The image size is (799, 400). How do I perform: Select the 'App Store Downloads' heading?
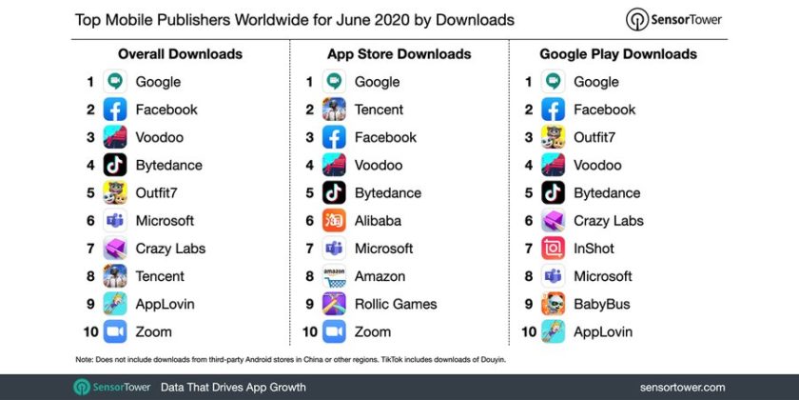pyautogui.click(x=399, y=54)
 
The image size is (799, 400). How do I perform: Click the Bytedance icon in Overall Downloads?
pyautogui.click(x=115, y=165)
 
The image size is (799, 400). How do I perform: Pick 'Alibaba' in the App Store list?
pyautogui.click(x=378, y=221)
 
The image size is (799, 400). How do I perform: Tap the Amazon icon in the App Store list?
pyautogui.click(x=334, y=276)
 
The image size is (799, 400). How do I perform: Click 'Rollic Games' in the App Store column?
pyautogui.click(x=396, y=304)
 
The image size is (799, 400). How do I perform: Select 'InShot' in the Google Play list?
pyautogui.click(x=594, y=249)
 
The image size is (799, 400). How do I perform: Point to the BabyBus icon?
pyautogui.click(x=553, y=304)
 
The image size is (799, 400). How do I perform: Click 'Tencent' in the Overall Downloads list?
pyautogui.click(x=161, y=276)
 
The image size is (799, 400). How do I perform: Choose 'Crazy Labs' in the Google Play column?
pyautogui.click(x=608, y=221)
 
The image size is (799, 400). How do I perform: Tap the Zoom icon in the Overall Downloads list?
pyautogui.click(x=115, y=331)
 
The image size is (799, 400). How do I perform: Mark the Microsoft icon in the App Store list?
pyautogui.click(x=334, y=249)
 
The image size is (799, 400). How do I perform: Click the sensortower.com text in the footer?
pyautogui.click(x=683, y=387)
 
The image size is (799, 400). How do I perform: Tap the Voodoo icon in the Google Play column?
pyautogui.click(x=553, y=165)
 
